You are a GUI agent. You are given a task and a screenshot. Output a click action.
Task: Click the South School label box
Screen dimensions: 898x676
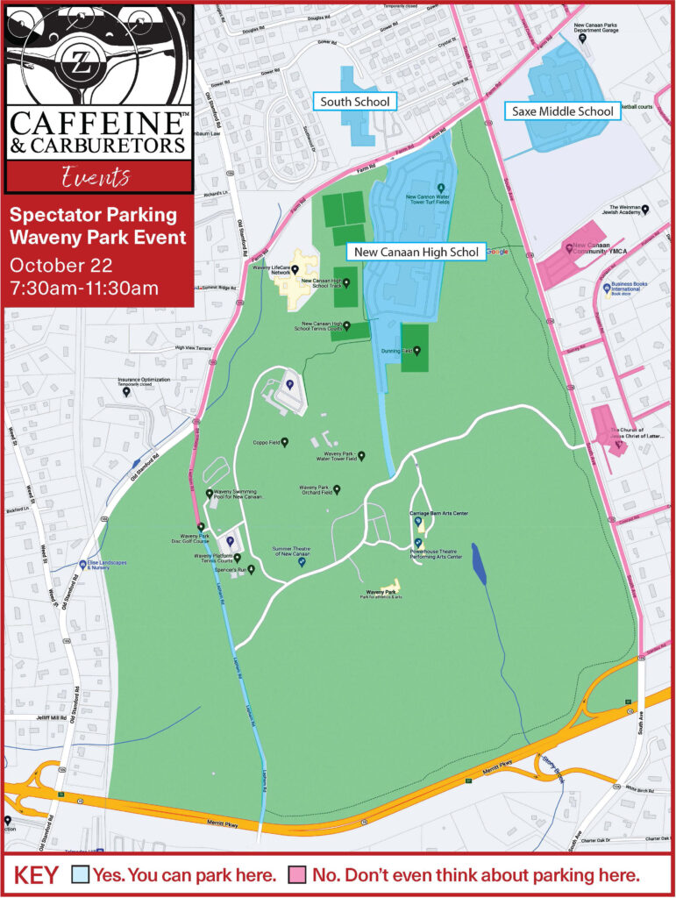355,102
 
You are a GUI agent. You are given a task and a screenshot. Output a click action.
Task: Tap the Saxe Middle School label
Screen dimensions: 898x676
559,111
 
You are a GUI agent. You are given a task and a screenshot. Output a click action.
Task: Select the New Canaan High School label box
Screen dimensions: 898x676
416,253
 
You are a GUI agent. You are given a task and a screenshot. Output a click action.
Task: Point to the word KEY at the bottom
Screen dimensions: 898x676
36,875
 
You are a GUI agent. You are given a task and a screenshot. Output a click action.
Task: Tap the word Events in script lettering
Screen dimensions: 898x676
96,178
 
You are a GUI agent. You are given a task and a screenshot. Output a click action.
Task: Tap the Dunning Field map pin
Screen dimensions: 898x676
416,350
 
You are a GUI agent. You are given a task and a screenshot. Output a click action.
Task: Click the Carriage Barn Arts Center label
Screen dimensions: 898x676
438,513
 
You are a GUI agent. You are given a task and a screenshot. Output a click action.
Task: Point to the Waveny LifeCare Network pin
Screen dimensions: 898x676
295,269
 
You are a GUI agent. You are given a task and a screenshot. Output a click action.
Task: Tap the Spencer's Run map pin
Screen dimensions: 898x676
251,570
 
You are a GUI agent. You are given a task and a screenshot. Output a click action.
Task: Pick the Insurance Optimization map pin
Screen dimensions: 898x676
126,391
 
